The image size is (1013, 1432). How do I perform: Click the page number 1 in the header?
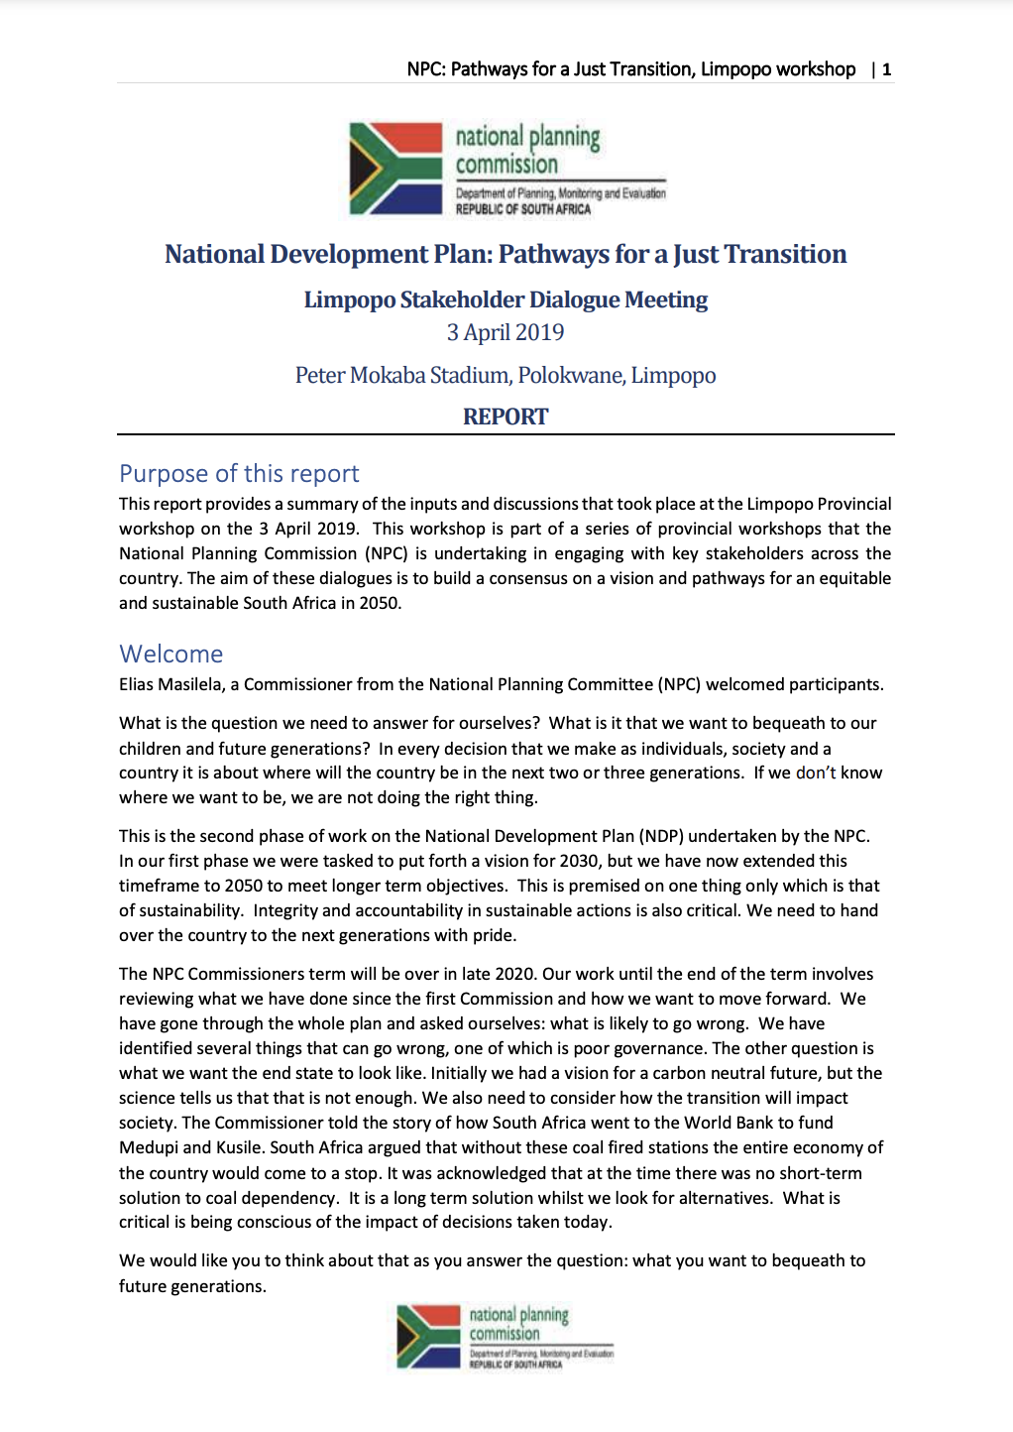click(x=886, y=69)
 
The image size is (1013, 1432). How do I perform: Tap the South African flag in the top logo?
click(x=395, y=169)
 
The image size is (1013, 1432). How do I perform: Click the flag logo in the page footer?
click(x=428, y=1336)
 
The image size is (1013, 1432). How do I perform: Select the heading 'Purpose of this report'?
click(x=239, y=474)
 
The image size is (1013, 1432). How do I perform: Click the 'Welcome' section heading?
click(x=171, y=655)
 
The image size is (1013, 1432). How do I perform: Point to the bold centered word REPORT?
click(x=506, y=417)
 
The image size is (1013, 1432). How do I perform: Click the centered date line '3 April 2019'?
click(x=506, y=332)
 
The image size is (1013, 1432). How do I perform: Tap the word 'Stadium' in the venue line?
click(x=469, y=376)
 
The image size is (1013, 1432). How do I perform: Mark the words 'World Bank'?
click(x=731, y=1124)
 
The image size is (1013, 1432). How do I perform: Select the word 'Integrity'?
click(x=284, y=911)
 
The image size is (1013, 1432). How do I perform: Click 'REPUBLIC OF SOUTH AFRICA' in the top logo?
click(x=522, y=209)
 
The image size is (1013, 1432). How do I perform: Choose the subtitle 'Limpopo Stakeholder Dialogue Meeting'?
click(x=506, y=299)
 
